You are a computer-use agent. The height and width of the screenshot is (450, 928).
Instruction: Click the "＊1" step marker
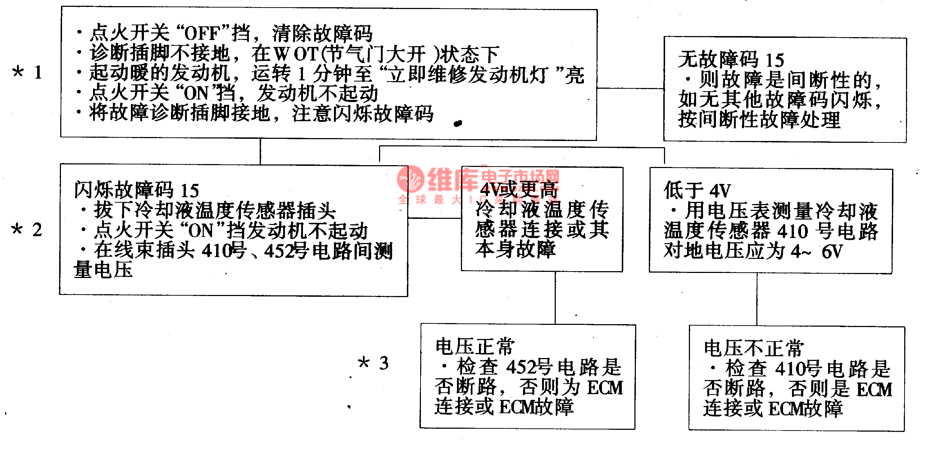[x=27, y=72]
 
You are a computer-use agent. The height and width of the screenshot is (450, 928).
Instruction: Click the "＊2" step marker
[x=26, y=230]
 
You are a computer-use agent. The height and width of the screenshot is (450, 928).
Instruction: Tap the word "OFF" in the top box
[x=202, y=34]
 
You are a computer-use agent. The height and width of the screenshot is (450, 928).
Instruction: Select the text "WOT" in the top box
[x=295, y=54]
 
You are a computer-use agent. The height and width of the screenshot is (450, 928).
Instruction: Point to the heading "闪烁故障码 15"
[x=136, y=190]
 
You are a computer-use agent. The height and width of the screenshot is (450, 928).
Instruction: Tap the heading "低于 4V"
[x=697, y=190]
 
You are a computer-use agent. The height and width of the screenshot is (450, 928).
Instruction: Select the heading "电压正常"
[x=475, y=347]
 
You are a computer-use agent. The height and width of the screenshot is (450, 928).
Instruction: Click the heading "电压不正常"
[x=753, y=348]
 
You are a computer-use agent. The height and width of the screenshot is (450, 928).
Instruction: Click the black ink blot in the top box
[x=458, y=124]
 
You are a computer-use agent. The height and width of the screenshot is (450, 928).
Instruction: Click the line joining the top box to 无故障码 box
[x=630, y=88]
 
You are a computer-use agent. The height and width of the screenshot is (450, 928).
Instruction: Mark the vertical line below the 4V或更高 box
[x=555, y=298]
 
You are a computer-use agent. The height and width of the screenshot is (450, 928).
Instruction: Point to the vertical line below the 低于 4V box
[x=757, y=299]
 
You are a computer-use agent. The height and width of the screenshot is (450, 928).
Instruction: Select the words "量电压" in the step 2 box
[x=103, y=269]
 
